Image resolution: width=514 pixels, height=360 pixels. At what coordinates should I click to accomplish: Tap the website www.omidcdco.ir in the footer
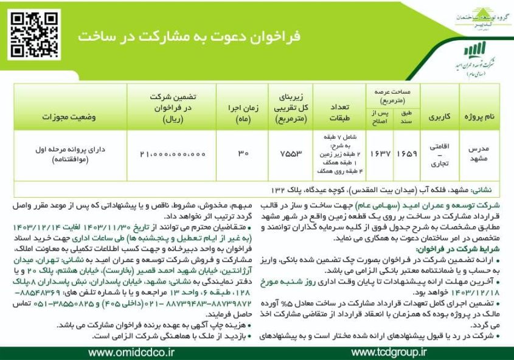131,352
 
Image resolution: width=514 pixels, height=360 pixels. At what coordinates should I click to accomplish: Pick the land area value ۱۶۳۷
377,155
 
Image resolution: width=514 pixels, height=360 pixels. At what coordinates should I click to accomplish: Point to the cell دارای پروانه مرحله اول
70,155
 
